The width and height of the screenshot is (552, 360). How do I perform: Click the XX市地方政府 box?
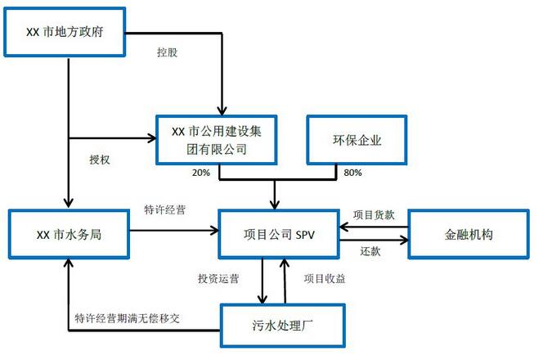(67, 32)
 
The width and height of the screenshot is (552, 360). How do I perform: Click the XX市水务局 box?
(69, 234)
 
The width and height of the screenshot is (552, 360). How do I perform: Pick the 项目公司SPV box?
(279, 234)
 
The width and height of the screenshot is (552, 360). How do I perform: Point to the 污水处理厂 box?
(282, 326)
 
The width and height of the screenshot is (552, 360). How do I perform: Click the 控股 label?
(167, 52)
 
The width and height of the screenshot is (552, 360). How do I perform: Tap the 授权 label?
(99, 160)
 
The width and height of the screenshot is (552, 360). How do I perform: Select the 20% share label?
(200, 173)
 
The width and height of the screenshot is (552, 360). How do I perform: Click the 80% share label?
(353, 173)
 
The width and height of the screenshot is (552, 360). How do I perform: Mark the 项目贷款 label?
(374, 215)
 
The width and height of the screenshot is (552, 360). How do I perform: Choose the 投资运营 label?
(218, 278)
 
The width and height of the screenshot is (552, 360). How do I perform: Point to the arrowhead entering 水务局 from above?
(68, 203)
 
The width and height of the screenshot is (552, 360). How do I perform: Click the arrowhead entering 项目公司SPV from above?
(275, 204)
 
